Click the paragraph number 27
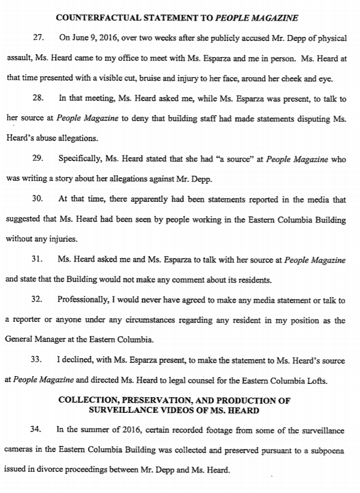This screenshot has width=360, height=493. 38,38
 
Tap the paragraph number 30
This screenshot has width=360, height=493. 38,198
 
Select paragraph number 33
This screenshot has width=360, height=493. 38,360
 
